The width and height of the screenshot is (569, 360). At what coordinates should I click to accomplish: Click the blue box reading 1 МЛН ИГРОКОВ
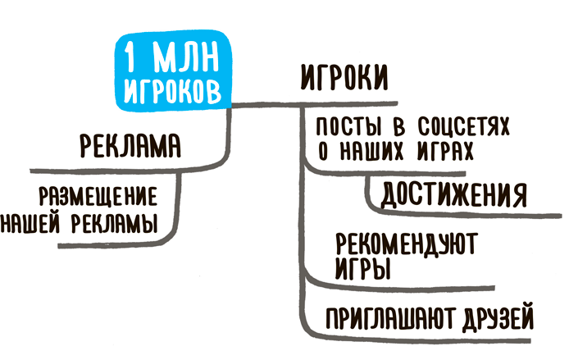[174, 70]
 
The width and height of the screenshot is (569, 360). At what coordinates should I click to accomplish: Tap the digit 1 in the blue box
[130, 57]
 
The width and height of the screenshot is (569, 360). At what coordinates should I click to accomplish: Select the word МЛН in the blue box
[186, 57]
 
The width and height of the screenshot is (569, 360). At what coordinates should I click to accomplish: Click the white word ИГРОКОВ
[172, 91]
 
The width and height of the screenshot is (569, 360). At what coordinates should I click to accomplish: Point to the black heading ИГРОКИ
[344, 78]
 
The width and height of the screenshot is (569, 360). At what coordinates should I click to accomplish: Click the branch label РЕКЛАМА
[130, 145]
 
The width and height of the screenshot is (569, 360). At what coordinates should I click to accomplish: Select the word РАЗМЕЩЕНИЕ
[98, 196]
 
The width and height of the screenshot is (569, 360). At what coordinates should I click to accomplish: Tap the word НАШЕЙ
[30, 222]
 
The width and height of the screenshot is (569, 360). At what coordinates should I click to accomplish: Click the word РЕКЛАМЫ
[115, 222]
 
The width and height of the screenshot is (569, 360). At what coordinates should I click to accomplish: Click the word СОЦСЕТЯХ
[463, 126]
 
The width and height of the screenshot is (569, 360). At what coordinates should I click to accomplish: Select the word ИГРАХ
[445, 150]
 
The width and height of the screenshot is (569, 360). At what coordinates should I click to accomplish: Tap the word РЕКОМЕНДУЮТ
[407, 244]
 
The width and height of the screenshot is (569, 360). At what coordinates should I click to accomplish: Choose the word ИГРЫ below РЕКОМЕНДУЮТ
[363, 269]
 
